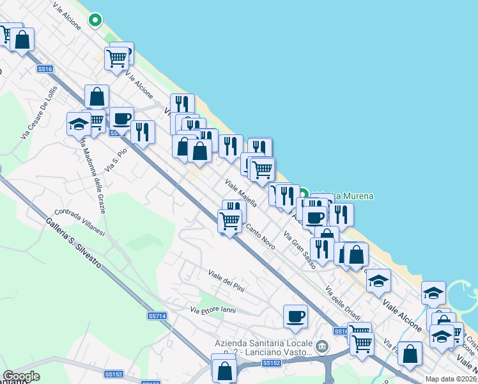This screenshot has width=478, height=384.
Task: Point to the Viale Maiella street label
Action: [240, 193]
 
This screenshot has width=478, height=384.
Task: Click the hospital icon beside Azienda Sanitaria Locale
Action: [322, 347]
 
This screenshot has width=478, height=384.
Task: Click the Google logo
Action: [21, 376]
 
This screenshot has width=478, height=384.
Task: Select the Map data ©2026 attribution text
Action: [451, 379]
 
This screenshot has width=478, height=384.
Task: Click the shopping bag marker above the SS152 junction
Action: [224, 369]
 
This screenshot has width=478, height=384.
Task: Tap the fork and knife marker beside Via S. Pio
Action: [143, 131]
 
